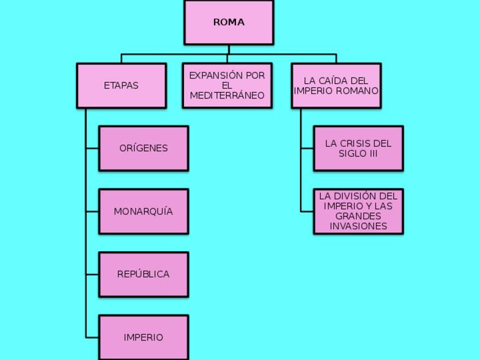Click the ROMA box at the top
point(229,23)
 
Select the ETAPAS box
point(121,85)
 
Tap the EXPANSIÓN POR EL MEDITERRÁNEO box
point(227,85)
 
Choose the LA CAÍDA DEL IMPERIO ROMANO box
point(336,85)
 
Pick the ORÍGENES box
point(143,148)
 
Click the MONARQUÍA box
point(143,211)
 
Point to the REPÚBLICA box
point(143,274)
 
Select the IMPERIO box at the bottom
point(143,337)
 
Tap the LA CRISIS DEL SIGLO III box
point(358,148)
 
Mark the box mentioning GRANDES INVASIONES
point(358,211)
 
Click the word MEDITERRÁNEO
point(227,96)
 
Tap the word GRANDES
point(358,216)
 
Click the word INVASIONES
point(358,226)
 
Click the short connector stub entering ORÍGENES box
point(92,148)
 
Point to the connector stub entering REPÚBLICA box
point(92,274)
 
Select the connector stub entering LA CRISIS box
point(307,148)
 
